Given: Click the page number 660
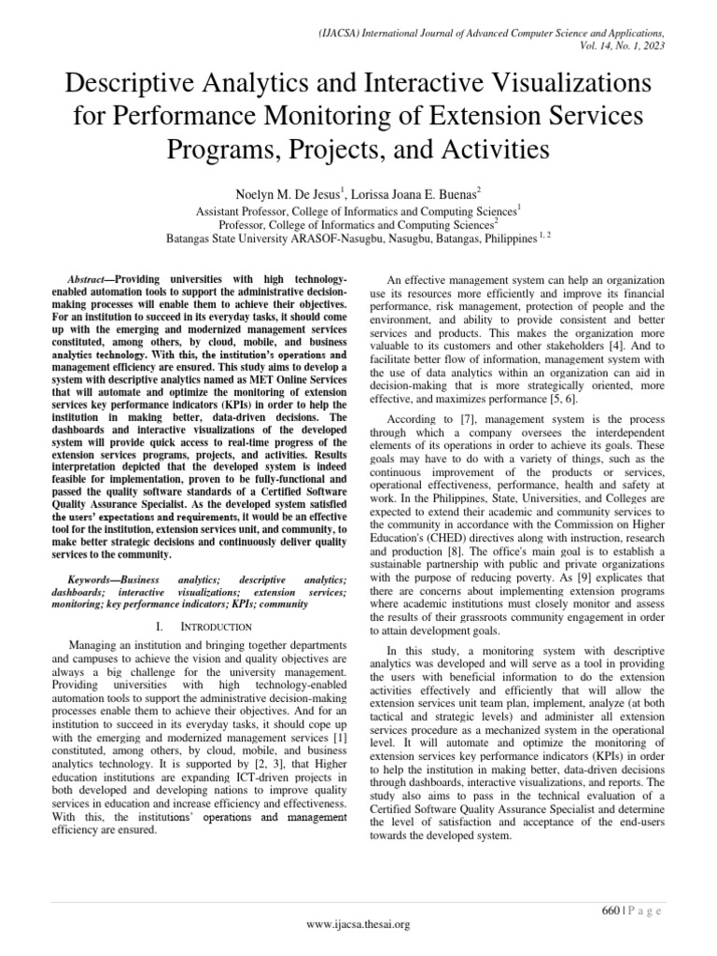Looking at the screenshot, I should tap(611, 909).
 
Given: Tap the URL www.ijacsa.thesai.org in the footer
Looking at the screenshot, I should tap(358, 924).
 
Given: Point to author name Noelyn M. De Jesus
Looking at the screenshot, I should tap(292, 193).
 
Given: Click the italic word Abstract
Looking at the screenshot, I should tap(91, 280).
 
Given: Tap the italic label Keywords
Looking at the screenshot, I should tap(92, 580).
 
